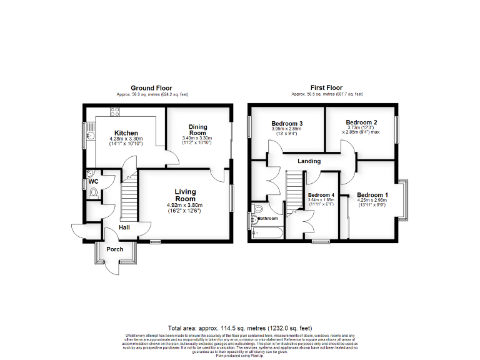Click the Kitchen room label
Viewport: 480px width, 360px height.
pyautogui.click(x=126, y=133)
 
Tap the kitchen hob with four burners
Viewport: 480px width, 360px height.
pyautogui.click(x=115, y=112)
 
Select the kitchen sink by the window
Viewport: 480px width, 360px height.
pyautogui.click(x=91, y=132)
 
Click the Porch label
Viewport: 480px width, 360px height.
pyautogui.click(x=114, y=249)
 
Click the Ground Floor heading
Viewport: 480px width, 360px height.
pyautogui.click(x=151, y=88)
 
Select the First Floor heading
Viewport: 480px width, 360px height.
pyautogui.click(x=326, y=88)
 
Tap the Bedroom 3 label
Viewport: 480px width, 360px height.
pyautogui.click(x=287, y=123)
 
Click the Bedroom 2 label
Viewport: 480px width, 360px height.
pyautogui.click(x=361, y=122)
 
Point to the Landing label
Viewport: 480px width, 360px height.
pyautogui.click(x=309, y=161)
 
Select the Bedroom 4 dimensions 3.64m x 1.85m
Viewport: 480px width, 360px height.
pyautogui.click(x=321, y=201)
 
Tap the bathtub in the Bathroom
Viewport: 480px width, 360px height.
pyautogui.click(x=267, y=234)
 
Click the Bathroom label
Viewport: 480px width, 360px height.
pyautogui.click(x=267, y=218)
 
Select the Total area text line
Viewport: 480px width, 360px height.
pyautogui.click(x=240, y=328)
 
